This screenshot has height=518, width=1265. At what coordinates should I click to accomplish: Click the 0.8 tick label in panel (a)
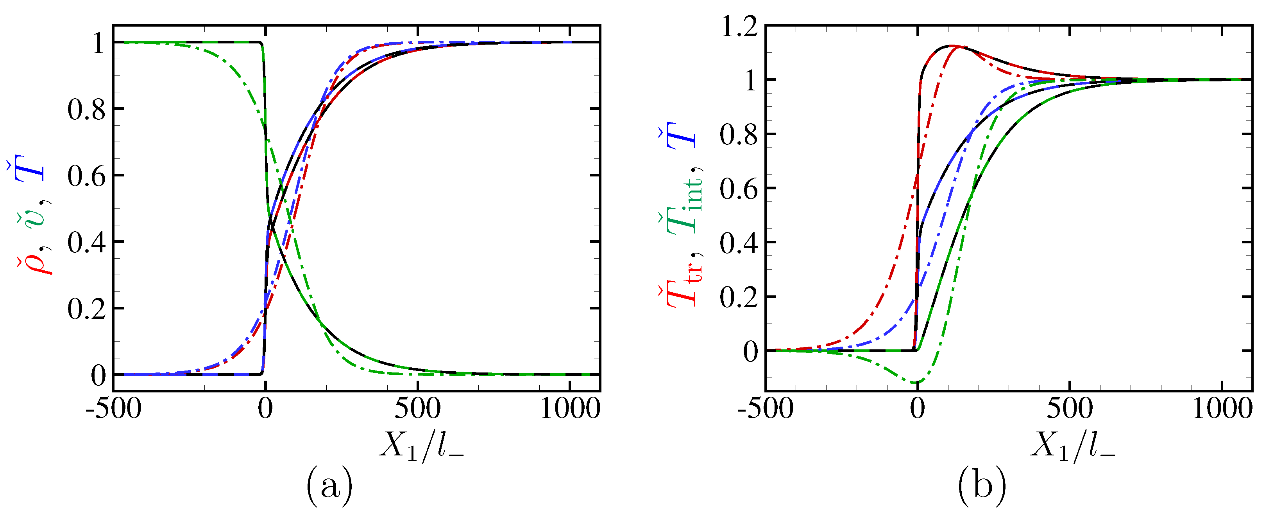pos(86,109)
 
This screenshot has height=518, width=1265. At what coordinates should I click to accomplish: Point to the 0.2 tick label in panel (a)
pos(86,309)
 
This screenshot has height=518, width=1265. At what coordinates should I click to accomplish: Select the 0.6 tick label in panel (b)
pos(738,189)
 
